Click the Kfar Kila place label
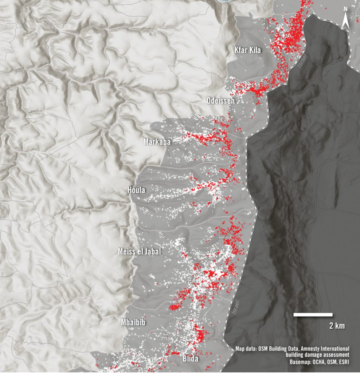248,50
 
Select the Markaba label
157,142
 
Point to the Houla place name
136,190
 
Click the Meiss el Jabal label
140,251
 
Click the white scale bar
313,314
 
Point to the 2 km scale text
337,326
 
